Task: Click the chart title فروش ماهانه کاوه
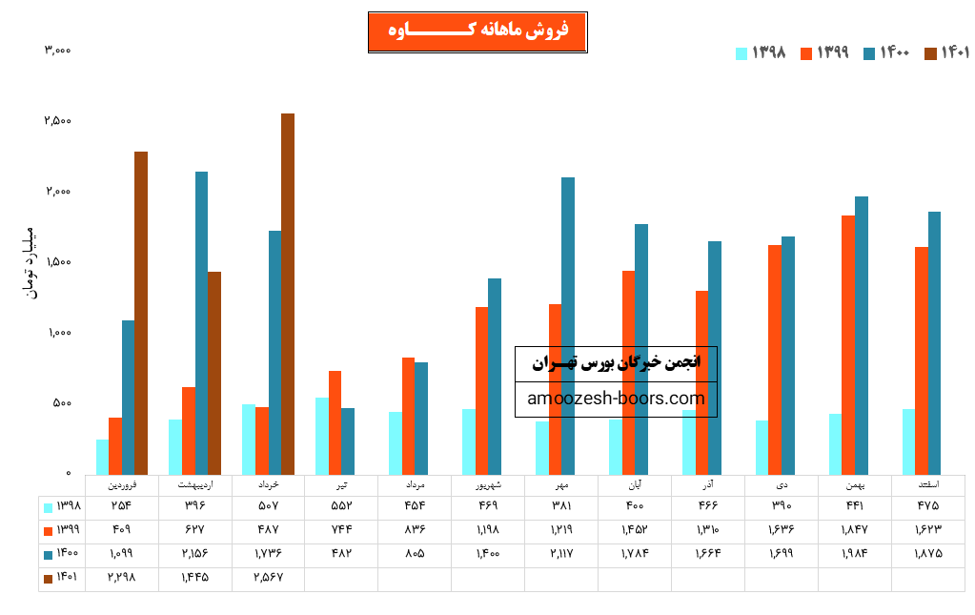coord(477,32)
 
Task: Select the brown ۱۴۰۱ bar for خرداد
coord(288,294)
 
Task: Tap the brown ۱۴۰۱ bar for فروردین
coord(141,313)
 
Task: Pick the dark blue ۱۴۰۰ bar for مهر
coord(568,325)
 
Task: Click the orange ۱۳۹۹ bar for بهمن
coord(848,344)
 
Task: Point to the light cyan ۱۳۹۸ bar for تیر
coord(322,436)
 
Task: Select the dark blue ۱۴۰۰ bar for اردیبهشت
coord(201,322)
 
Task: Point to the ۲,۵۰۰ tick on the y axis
coord(58,121)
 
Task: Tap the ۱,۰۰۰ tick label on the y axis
coord(58,333)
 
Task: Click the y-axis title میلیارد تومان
coord(28,261)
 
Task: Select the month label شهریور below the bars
coord(488,485)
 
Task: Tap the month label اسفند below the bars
coord(927,485)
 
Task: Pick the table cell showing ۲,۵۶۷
coord(268,577)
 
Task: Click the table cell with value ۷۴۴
coord(341,529)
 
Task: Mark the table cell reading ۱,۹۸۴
coord(855,553)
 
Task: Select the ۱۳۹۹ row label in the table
coord(62,529)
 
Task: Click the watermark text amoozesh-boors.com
coord(616,399)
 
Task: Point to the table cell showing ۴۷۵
coord(927,505)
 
